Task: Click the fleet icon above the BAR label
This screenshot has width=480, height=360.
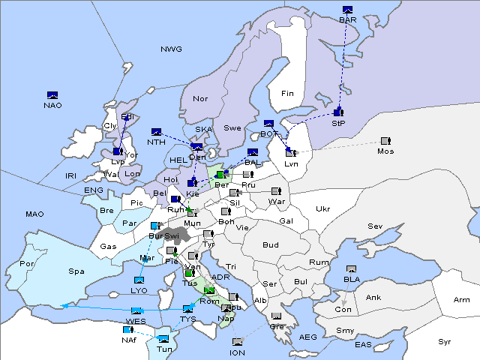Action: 347,10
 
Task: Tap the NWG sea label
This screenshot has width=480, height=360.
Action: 171,49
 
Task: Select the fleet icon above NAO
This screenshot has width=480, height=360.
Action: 52,95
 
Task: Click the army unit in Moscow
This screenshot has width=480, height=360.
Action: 385,141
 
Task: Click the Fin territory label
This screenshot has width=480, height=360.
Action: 287,93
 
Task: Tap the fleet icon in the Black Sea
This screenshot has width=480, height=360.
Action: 352,269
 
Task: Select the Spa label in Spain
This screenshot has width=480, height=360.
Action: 76,271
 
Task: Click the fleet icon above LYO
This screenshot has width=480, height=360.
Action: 139,280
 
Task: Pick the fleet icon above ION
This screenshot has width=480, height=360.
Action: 237,343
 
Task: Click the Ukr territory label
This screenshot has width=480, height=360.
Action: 322,208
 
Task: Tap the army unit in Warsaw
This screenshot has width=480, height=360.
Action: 276,191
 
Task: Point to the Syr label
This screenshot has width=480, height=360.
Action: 445,341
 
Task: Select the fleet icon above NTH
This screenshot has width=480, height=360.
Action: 157,132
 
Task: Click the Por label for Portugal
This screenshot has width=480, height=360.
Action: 28,264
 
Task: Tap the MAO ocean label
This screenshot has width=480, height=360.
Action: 34,214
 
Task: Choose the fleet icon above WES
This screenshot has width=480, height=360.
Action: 136,311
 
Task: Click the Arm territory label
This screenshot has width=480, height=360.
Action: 462,300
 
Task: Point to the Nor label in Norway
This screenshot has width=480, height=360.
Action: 200,98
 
